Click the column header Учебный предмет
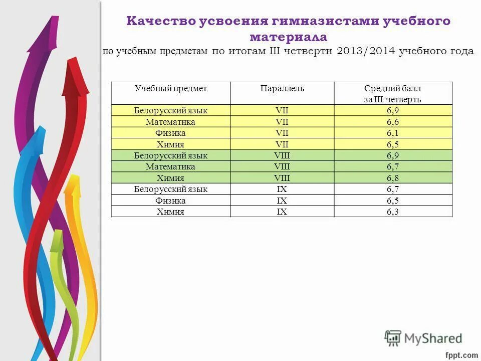(x=171, y=89)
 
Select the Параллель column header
(x=282, y=89)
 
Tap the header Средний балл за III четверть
(x=392, y=94)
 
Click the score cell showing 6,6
(x=392, y=122)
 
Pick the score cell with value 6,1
(x=392, y=133)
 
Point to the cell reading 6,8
(x=392, y=178)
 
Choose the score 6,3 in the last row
(x=392, y=212)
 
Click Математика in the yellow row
(x=170, y=122)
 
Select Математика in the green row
(x=170, y=167)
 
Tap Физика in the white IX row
(x=170, y=201)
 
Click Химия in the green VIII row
(x=170, y=178)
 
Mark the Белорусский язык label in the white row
(x=170, y=190)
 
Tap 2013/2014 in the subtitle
(x=366, y=52)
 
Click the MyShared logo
(x=423, y=338)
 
